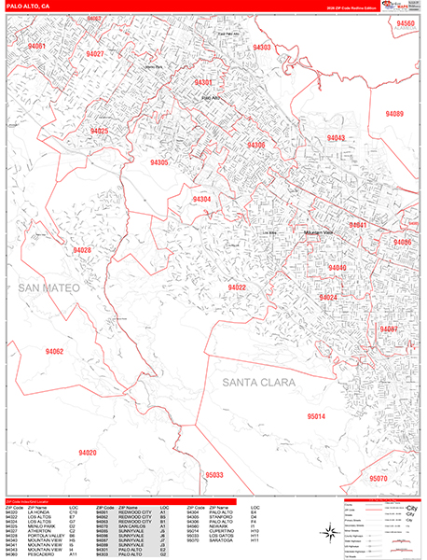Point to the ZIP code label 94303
[x=262, y=47]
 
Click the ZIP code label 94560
[x=405, y=21]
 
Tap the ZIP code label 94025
[x=99, y=132]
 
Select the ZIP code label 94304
[x=201, y=200]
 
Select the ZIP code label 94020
[x=87, y=453]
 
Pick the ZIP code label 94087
[x=388, y=329]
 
